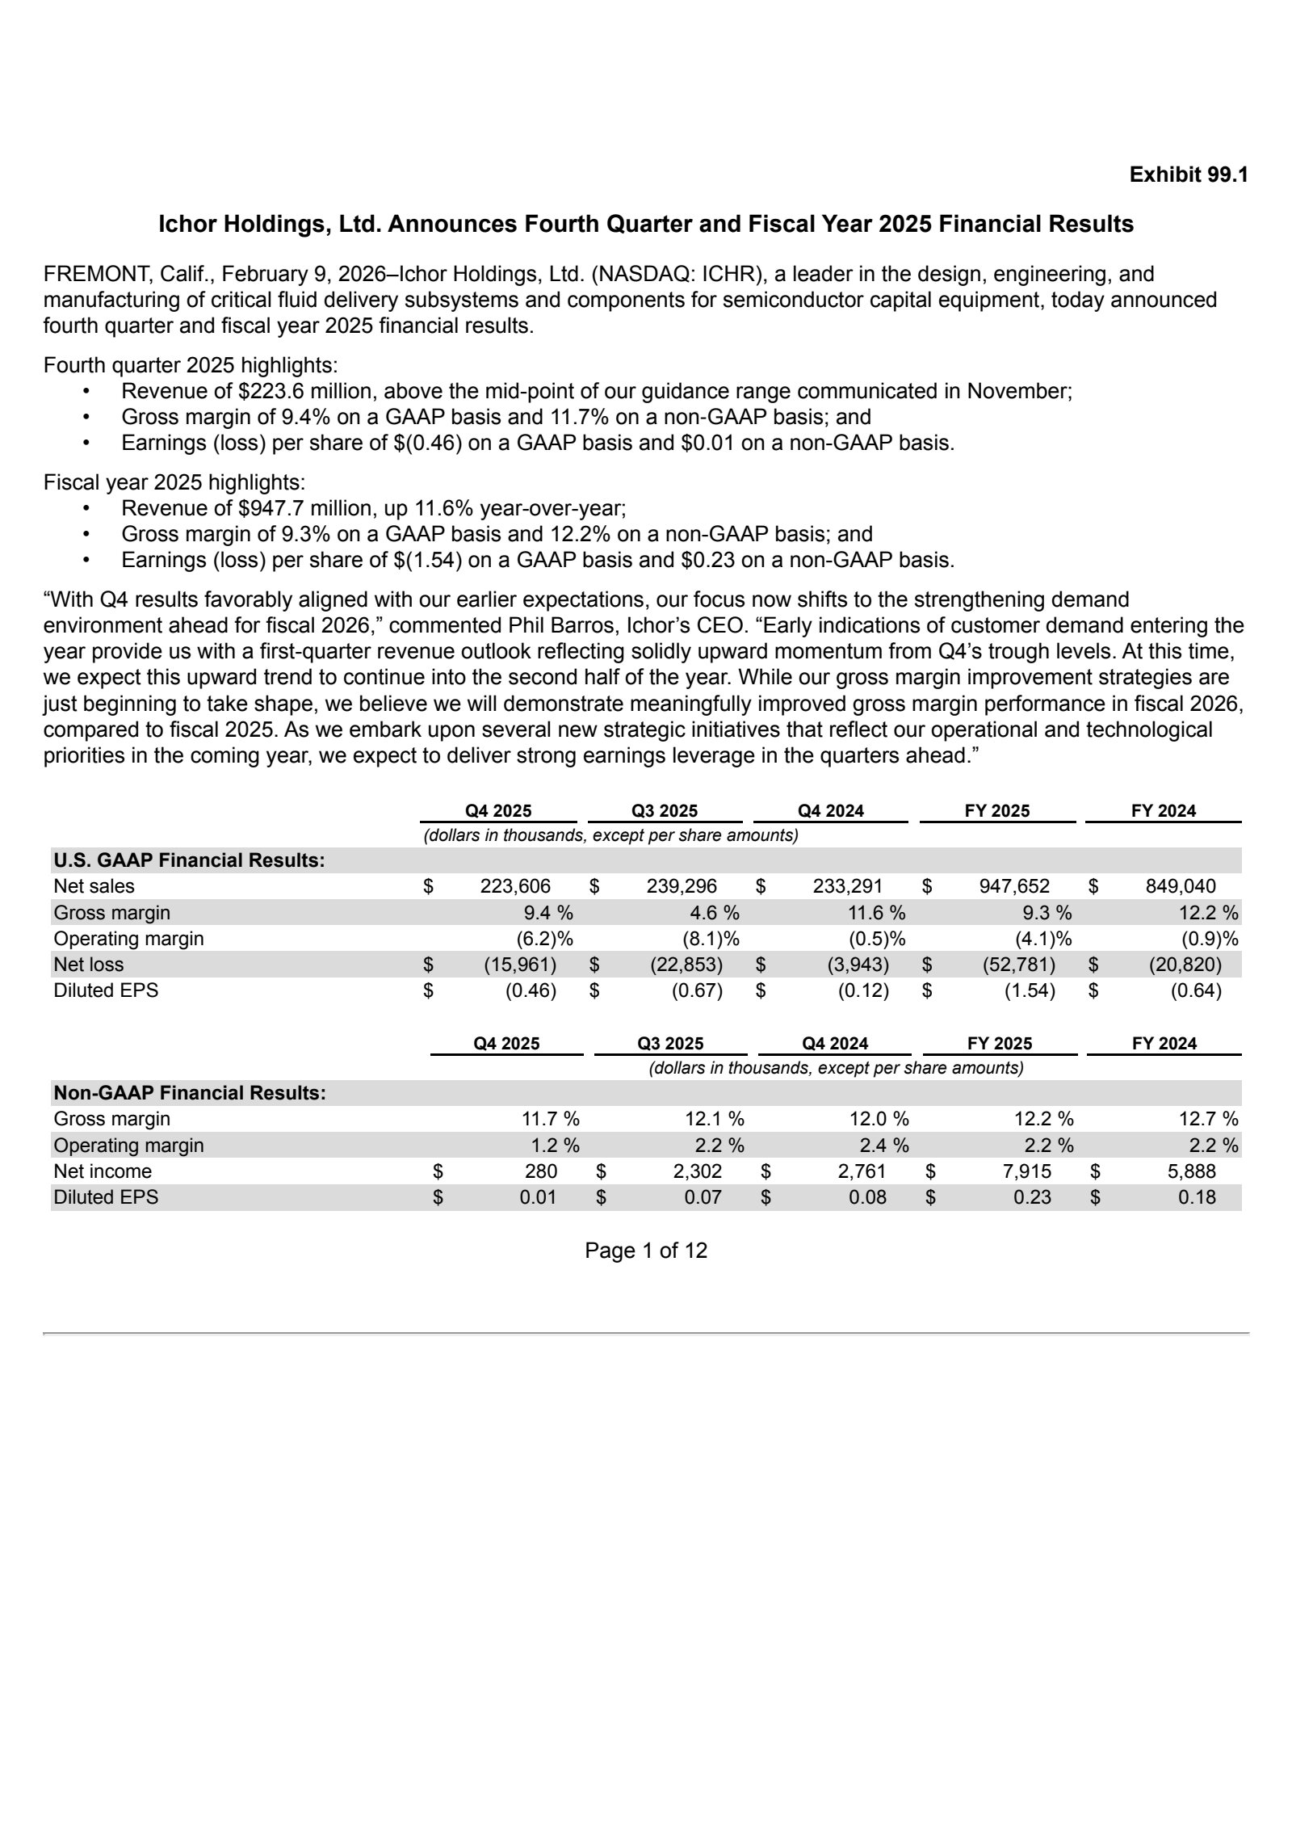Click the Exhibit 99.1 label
[1188, 174]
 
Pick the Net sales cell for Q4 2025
[515, 887]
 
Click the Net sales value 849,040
[1180, 887]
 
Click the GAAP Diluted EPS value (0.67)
[697, 990]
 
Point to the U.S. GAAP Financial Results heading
[189, 860]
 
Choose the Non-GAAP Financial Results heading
[190, 1093]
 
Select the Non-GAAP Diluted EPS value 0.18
[1196, 1197]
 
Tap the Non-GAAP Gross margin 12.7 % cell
[1207, 1119]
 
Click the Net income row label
[103, 1171]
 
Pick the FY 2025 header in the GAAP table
[997, 811]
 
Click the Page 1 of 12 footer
[646, 1251]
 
